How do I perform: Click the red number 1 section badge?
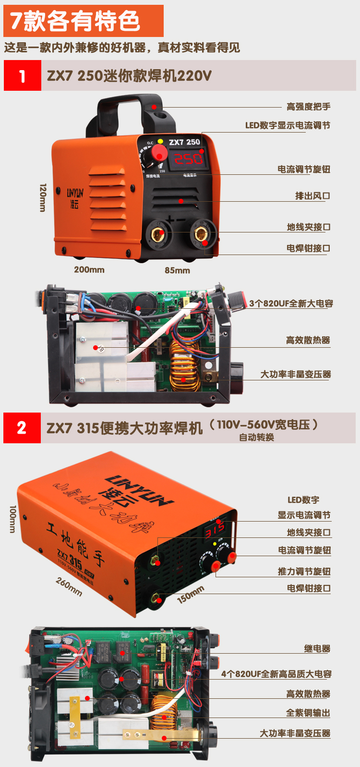click(x=22, y=76)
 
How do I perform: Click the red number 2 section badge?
click(x=22, y=427)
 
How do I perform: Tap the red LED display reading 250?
click(x=188, y=158)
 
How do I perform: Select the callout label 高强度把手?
click(x=308, y=107)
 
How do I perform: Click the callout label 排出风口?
click(x=312, y=196)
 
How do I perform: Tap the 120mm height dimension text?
click(x=43, y=197)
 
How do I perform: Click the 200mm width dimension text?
click(x=89, y=269)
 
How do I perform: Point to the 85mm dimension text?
click(x=177, y=270)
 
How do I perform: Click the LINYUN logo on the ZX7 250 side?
click(x=75, y=196)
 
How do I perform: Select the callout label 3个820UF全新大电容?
click(x=291, y=304)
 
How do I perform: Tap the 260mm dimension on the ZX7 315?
click(x=69, y=586)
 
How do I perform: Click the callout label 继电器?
click(x=317, y=649)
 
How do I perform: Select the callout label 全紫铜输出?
click(x=308, y=713)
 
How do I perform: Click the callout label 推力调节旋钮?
click(x=304, y=572)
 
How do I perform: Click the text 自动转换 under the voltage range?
click(x=256, y=437)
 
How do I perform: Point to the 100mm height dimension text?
click(x=13, y=519)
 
